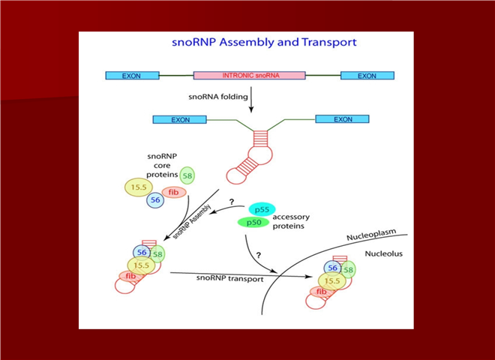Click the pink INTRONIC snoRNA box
tap(249, 76)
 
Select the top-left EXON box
tap(133, 76)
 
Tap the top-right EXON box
tap(367, 76)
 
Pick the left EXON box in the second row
tap(180, 119)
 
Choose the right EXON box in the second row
tap(343, 119)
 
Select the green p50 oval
tap(254, 223)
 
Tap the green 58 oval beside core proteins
tap(186, 175)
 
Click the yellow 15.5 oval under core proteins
tap(136, 187)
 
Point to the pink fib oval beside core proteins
tap(172, 191)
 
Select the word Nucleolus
tap(384, 253)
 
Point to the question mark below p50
tap(258, 255)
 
